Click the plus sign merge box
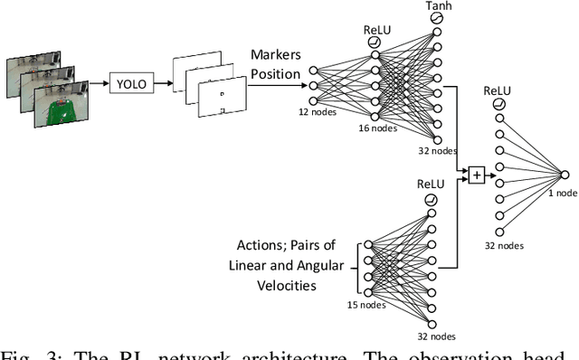(x=476, y=175)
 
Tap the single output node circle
(x=564, y=174)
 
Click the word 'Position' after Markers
(x=274, y=74)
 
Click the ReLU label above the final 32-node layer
(x=497, y=90)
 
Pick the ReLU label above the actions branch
(x=432, y=184)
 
